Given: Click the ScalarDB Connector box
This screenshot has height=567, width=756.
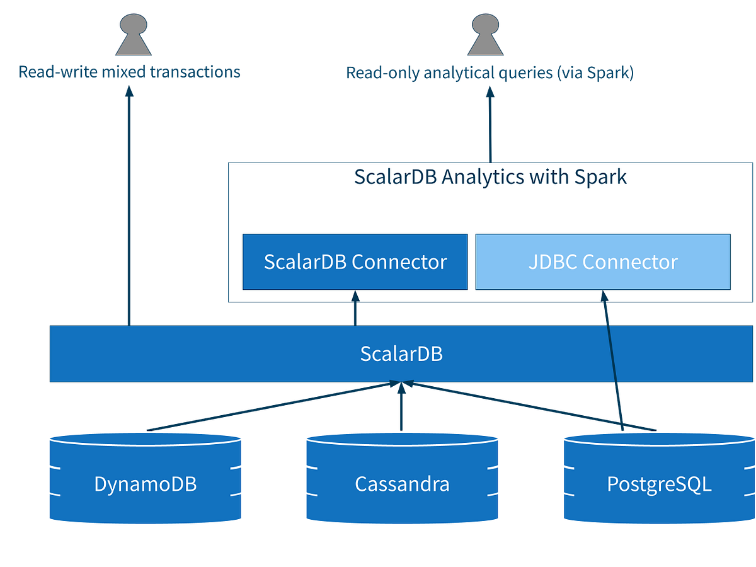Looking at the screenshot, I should tap(355, 262).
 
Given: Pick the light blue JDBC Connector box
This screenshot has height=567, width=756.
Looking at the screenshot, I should tap(603, 262).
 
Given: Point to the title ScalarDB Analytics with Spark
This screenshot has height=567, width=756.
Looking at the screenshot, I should tap(490, 177).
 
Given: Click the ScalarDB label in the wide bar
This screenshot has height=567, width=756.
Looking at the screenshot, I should tap(401, 353).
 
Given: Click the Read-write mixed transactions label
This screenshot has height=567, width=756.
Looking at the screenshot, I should tap(130, 72).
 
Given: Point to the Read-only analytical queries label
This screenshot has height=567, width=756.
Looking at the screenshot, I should tap(490, 74).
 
